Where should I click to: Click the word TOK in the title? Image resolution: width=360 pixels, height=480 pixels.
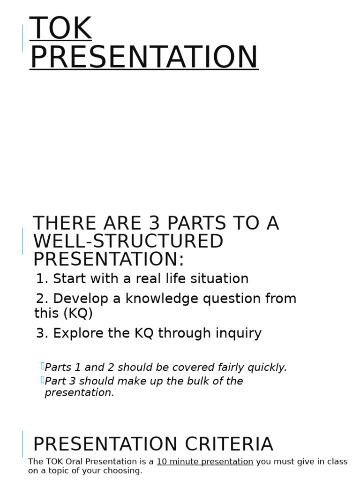[x=60, y=29]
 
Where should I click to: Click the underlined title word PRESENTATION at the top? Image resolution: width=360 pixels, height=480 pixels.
[x=144, y=58]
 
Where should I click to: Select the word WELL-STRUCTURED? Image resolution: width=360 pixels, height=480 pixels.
[x=128, y=241]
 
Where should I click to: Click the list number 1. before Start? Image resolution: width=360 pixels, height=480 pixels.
[x=42, y=279]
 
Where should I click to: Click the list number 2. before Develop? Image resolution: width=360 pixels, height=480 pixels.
[x=42, y=299]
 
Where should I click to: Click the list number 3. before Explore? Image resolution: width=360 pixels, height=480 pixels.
[x=42, y=333]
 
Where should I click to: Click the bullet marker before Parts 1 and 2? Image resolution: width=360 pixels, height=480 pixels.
[x=42, y=366]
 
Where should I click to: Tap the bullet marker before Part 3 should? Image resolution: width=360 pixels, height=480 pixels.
[x=42, y=380]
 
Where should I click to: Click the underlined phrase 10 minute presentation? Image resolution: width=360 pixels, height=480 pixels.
[x=205, y=462]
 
